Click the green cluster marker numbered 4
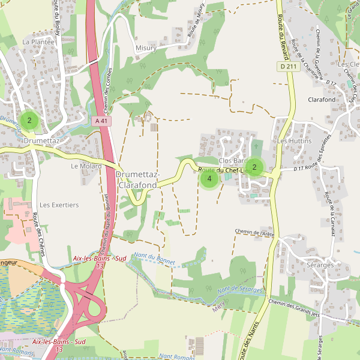[209, 178]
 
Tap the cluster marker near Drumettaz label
[29, 121]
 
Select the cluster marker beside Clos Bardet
[254, 167]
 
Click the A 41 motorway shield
[103, 121]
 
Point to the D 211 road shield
[288, 67]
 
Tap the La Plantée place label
[38, 42]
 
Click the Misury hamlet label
[146, 47]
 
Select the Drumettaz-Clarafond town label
[137, 179]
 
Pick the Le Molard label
[86, 166]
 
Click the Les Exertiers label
[59, 205]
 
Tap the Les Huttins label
[295, 140]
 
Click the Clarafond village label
[322, 100]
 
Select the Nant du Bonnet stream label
[154, 257]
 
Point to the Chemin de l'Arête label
[254, 232]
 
